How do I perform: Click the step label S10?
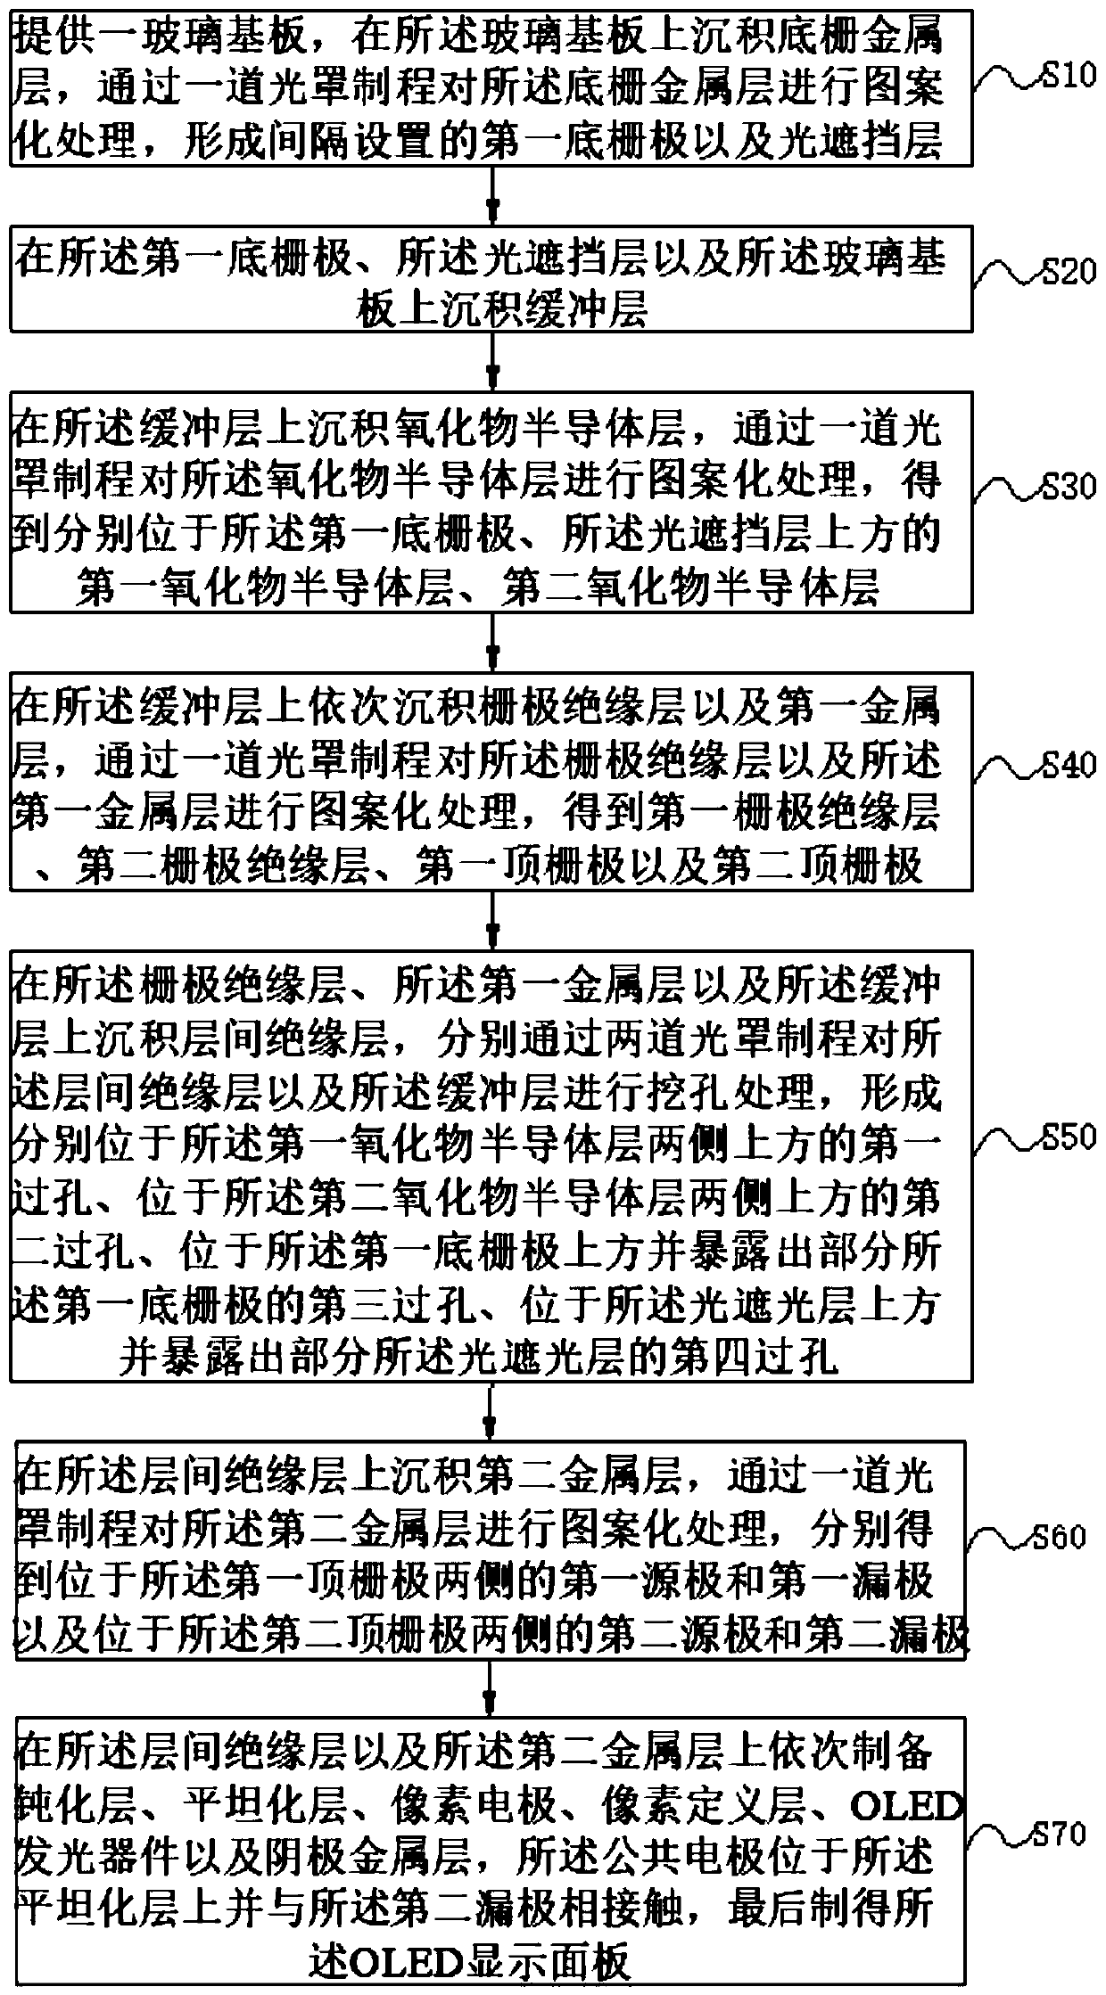1069,76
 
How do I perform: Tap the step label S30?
1069,487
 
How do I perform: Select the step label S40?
1069,765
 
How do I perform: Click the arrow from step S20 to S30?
491,363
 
